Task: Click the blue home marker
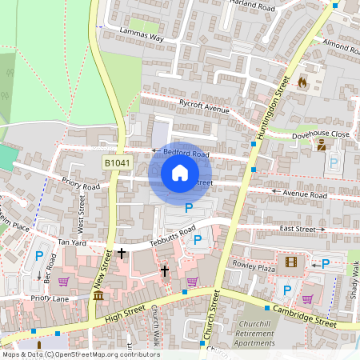pyautogui.click(x=180, y=173)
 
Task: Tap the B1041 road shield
pyautogui.click(x=116, y=163)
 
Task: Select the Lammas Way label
pyautogui.click(x=141, y=38)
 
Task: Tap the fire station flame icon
pyautogui.click(x=302, y=82)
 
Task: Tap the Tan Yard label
pyautogui.click(x=71, y=242)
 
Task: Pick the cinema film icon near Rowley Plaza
pyautogui.click(x=290, y=262)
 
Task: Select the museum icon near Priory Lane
pyautogui.click(x=98, y=296)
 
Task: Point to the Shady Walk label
pyautogui.click(x=353, y=286)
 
